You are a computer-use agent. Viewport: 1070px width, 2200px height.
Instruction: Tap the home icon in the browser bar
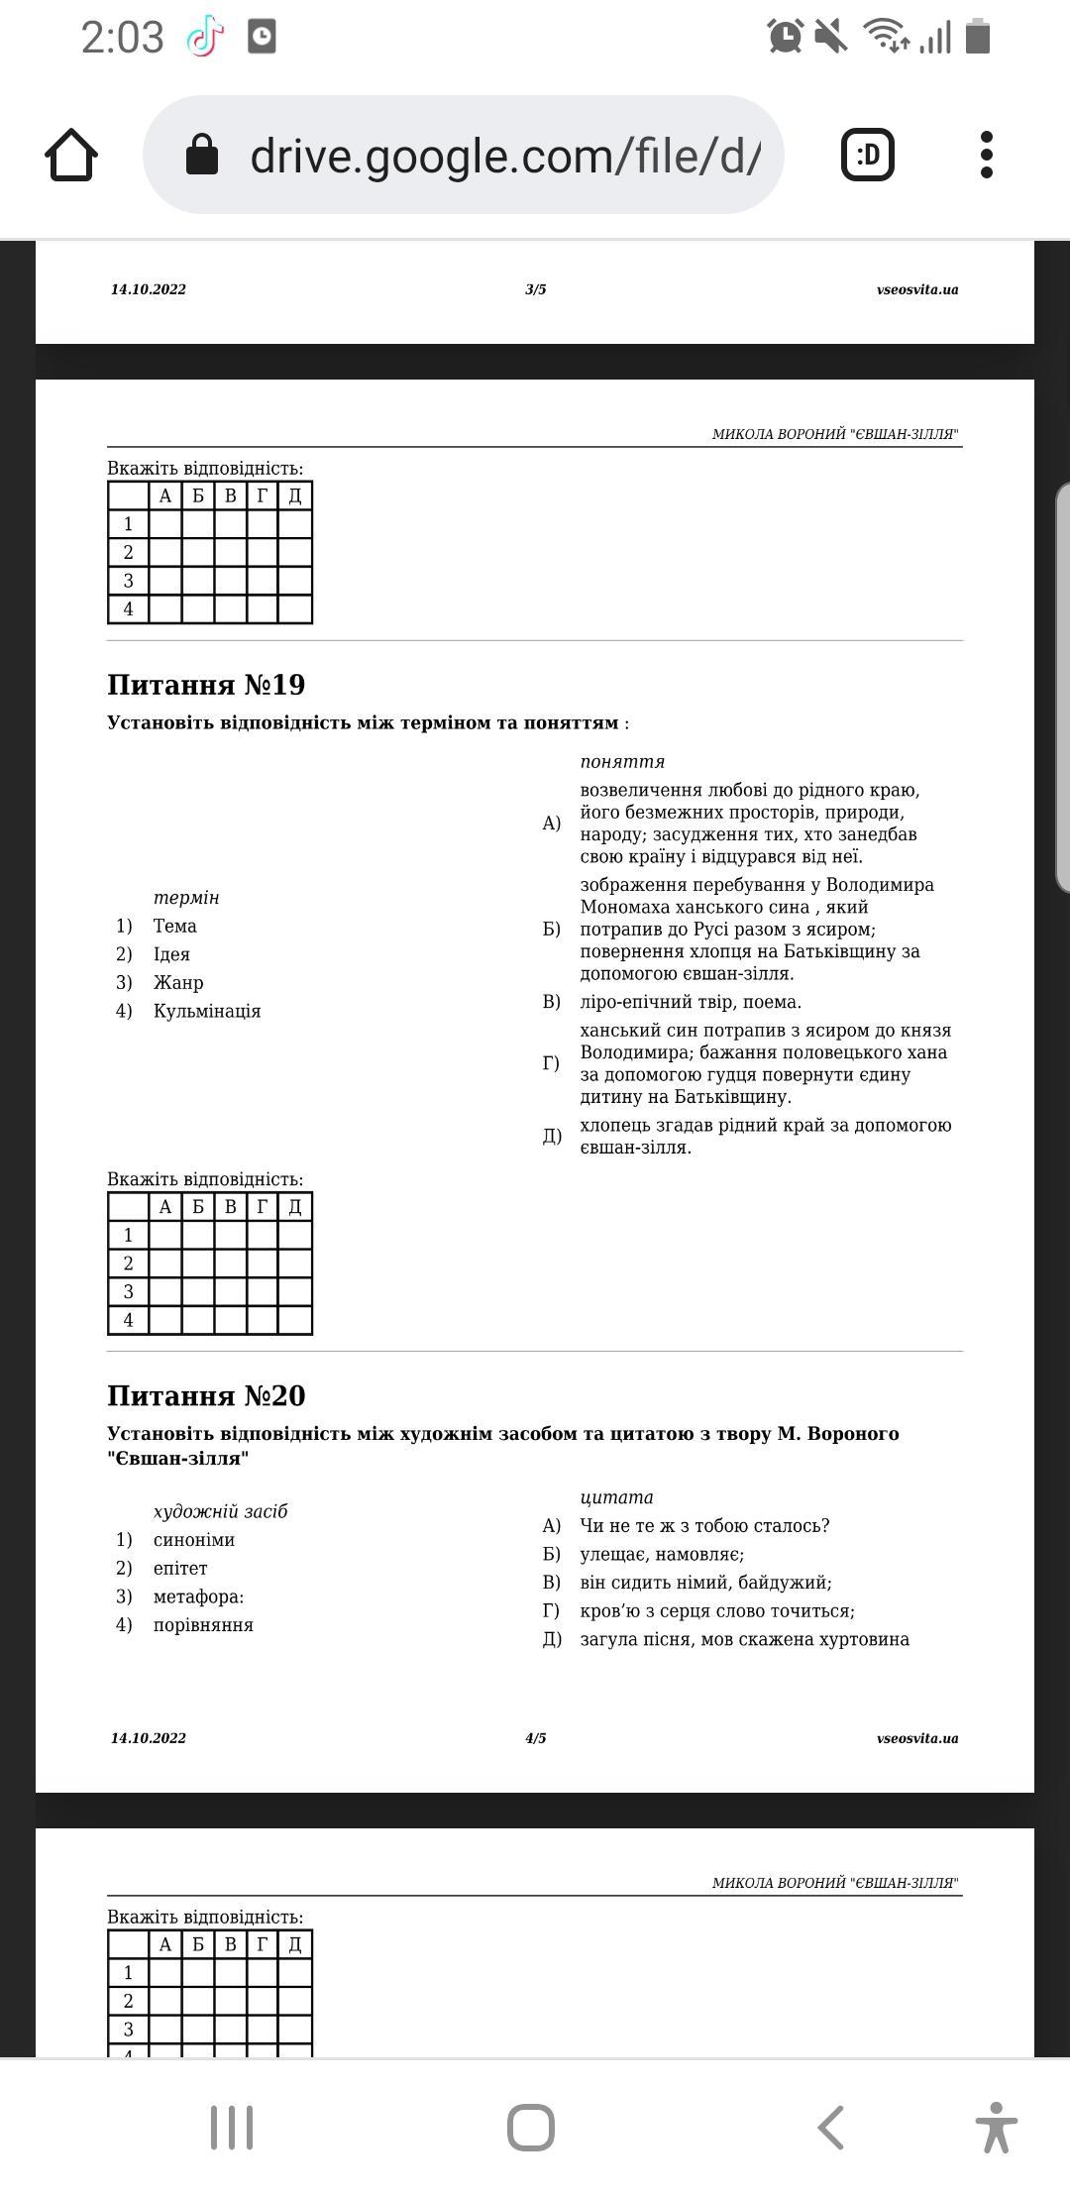[71, 156]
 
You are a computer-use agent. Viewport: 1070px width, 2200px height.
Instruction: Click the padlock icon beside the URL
[202, 155]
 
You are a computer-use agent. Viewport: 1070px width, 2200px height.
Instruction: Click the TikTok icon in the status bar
[204, 38]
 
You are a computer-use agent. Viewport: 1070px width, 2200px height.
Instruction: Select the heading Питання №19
[206, 685]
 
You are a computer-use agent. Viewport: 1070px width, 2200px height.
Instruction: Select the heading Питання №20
[206, 1395]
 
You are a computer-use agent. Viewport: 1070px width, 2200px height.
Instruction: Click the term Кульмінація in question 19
[206, 1011]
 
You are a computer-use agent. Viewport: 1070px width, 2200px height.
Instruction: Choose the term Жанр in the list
[178, 982]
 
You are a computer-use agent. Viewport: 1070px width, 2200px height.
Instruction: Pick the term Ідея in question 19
[171, 954]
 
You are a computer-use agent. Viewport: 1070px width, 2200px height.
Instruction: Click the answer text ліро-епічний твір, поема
[691, 1002]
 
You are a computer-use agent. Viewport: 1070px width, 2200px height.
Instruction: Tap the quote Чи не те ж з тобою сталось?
[704, 1525]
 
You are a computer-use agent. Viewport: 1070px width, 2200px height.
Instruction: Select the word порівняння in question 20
[203, 1624]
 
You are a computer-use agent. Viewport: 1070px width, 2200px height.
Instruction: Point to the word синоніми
[194, 1539]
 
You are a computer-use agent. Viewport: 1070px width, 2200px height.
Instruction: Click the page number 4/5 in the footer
[535, 1737]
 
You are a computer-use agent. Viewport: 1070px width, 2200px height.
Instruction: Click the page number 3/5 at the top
[535, 289]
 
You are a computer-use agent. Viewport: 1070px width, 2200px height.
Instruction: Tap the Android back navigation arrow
[830, 2128]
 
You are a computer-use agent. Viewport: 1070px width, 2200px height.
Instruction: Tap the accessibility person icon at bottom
[995, 2128]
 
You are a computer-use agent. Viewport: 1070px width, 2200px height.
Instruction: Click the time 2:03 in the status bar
[122, 38]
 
